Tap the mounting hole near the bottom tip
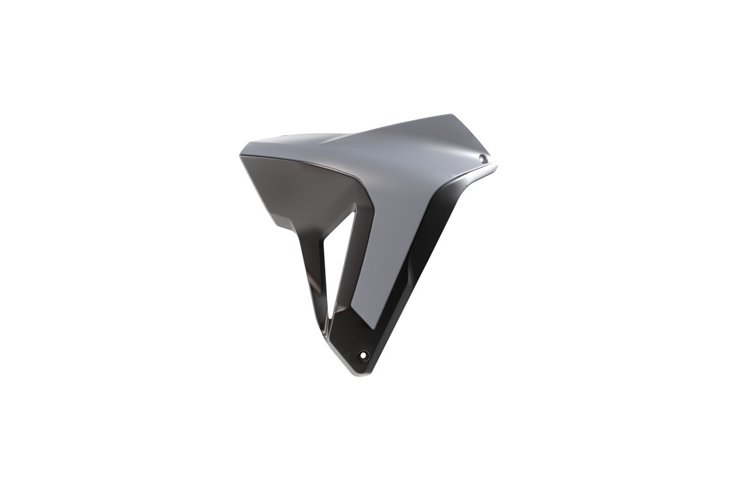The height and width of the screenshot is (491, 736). pos(364,355)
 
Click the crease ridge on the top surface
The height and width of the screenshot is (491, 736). pos(343,139)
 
